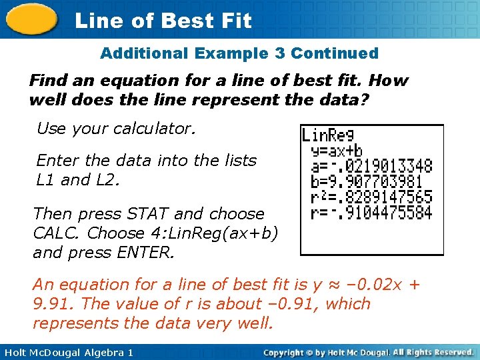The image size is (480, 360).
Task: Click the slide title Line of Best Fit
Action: (x=163, y=21)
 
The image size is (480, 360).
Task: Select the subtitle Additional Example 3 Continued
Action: (x=239, y=53)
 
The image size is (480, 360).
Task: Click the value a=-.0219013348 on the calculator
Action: (x=371, y=166)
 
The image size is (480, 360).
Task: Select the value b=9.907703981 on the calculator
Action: (x=367, y=181)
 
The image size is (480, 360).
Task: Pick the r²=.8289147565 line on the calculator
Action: (x=371, y=197)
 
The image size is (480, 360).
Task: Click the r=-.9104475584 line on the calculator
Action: (x=371, y=213)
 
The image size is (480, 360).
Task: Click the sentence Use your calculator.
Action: (x=116, y=128)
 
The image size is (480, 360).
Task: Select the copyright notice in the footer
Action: (x=368, y=352)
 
